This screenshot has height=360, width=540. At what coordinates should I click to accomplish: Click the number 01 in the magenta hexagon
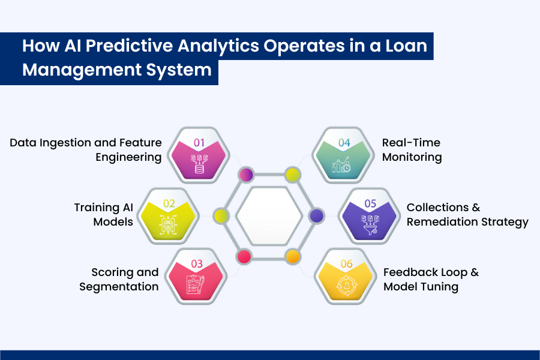click(x=199, y=143)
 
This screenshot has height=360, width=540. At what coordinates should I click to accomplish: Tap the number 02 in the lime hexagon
click(x=169, y=203)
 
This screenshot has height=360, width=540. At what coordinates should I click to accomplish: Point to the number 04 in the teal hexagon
click(x=344, y=143)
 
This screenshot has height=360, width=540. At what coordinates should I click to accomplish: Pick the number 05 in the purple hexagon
click(x=370, y=203)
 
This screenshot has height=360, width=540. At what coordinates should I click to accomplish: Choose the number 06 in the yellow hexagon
click(x=346, y=264)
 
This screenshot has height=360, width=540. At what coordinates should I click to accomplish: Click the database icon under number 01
click(x=199, y=163)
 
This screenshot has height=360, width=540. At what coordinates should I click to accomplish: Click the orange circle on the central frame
click(x=292, y=257)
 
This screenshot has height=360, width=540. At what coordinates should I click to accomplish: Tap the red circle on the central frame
click(x=244, y=257)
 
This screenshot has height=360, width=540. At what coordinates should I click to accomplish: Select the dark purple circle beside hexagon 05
click(x=316, y=215)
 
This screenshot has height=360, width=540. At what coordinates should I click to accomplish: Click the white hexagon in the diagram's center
click(x=268, y=216)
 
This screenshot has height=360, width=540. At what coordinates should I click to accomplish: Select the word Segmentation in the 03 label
click(x=119, y=287)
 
